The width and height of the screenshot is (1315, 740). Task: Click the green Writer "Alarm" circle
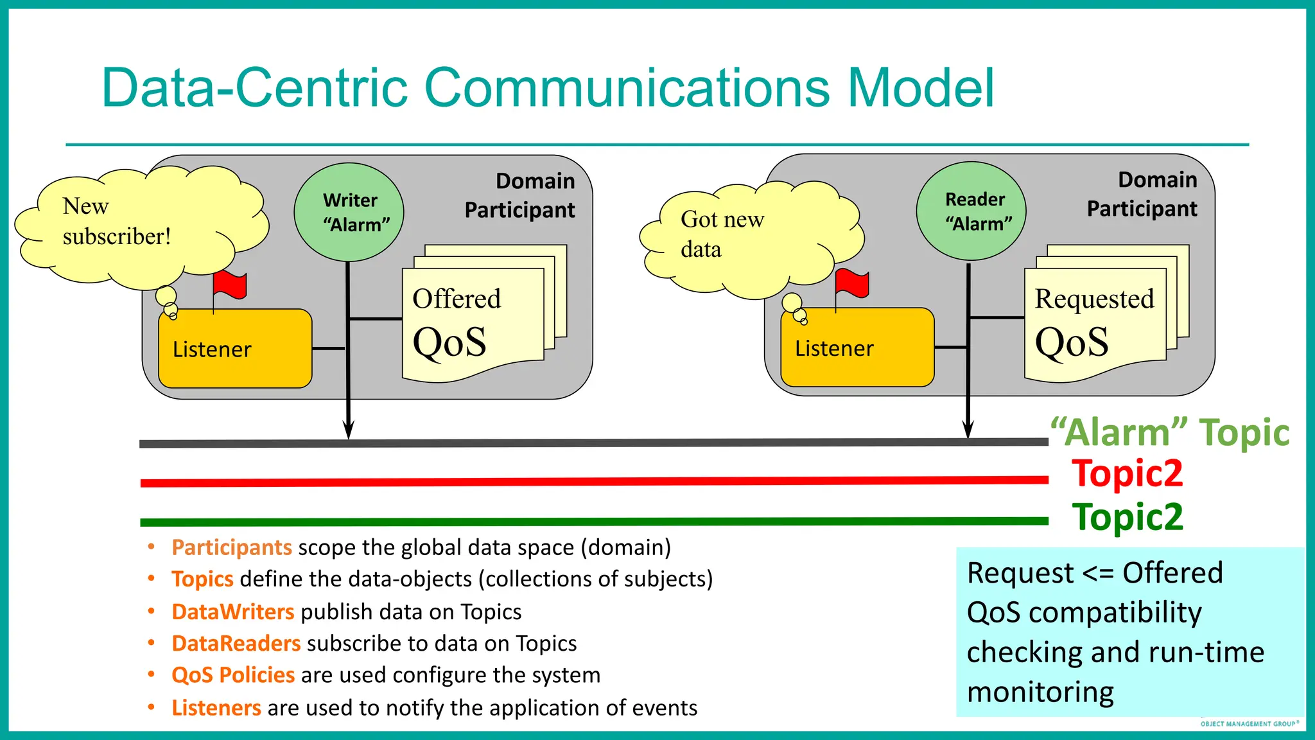(x=349, y=213)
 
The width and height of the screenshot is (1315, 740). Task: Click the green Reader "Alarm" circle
(x=971, y=211)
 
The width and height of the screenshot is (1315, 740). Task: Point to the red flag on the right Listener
(x=852, y=283)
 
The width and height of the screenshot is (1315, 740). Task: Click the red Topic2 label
(x=1127, y=473)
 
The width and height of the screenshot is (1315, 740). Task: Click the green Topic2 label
(x=1127, y=516)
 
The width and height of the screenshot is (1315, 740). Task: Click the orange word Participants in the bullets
(x=232, y=547)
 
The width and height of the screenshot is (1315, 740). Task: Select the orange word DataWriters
(x=232, y=612)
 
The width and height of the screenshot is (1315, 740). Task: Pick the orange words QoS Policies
(x=233, y=675)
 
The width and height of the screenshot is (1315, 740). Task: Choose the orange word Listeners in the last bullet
(x=216, y=707)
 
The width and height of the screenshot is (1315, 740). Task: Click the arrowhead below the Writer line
(x=348, y=430)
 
